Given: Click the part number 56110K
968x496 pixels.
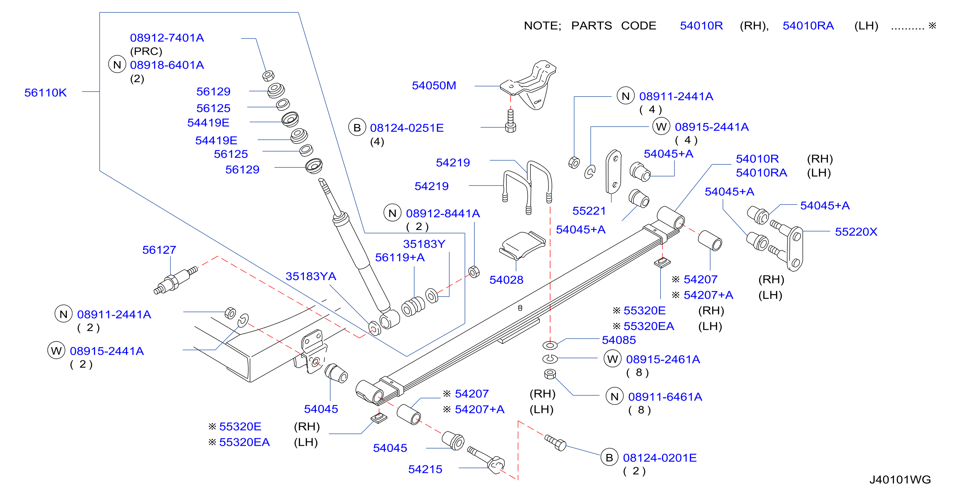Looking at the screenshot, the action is [45, 93].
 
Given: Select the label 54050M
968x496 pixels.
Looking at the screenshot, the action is [434, 85].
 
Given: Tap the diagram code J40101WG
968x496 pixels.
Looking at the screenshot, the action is [900, 480].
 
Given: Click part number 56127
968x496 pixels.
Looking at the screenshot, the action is [159, 250].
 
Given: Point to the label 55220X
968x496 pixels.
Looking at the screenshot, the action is [856, 232].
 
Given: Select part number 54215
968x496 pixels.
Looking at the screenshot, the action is [425, 469].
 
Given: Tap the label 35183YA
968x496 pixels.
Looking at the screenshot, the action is [311, 276].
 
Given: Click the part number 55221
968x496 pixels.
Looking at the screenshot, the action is [589, 211].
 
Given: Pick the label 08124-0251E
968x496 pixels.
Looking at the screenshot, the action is [406, 128].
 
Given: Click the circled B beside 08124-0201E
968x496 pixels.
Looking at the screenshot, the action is [609, 457].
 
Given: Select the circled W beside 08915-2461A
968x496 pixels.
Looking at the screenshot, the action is [612, 359].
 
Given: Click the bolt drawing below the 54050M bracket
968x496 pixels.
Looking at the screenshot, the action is [510, 121].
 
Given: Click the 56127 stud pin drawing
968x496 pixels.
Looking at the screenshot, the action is [176, 280].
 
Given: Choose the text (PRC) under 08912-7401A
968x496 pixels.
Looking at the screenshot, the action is [146, 51].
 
